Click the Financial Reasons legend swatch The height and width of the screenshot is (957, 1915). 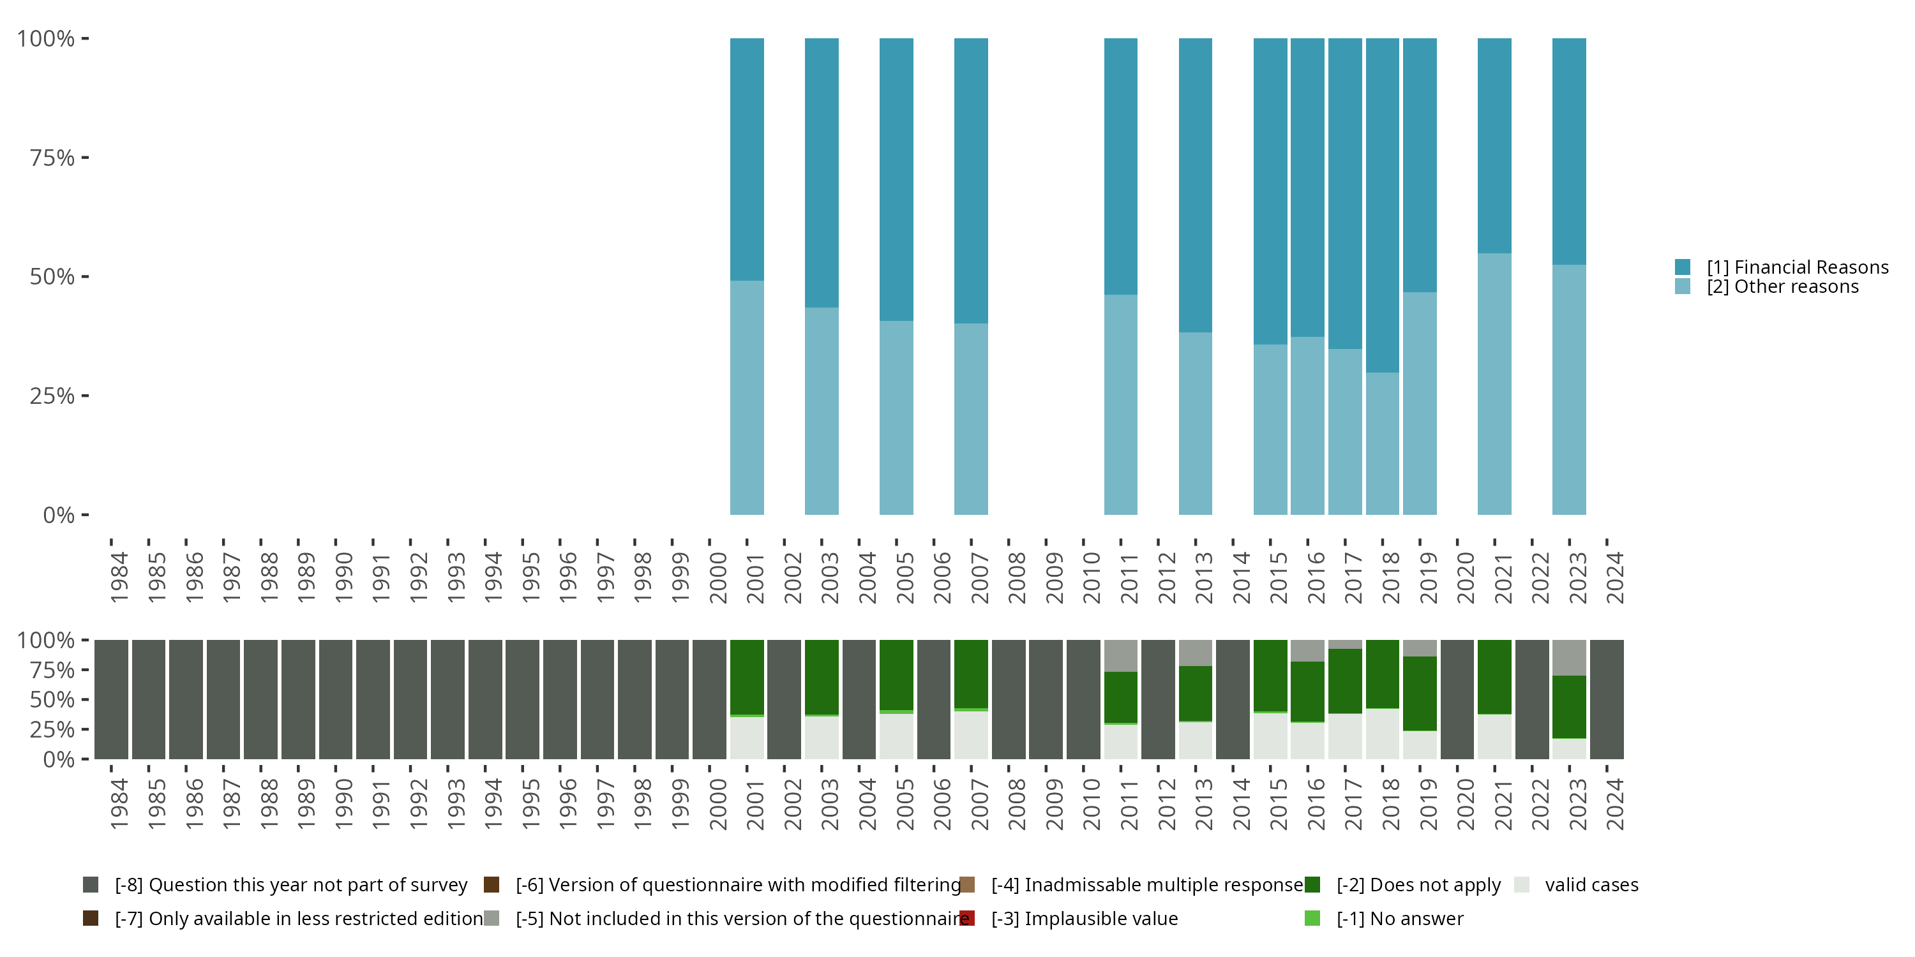pos(1682,267)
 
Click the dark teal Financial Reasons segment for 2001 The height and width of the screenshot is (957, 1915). pos(746,159)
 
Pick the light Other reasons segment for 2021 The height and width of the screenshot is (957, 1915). pos(1494,383)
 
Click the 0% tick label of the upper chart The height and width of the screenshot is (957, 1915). pos(59,515)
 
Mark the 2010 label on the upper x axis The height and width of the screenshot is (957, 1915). pos(1090,577)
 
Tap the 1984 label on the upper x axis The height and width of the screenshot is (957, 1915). pos(119,577)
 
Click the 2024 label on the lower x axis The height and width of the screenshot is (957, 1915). pos(1614,804)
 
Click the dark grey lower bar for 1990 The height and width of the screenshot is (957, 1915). pos(335,699)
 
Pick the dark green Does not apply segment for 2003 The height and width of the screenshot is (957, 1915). pos(822,677)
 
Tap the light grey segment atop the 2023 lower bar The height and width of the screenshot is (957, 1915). pos(1568,658)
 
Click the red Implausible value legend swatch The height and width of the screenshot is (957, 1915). pos(966,918)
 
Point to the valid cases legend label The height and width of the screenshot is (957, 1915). pos(1591,885)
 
